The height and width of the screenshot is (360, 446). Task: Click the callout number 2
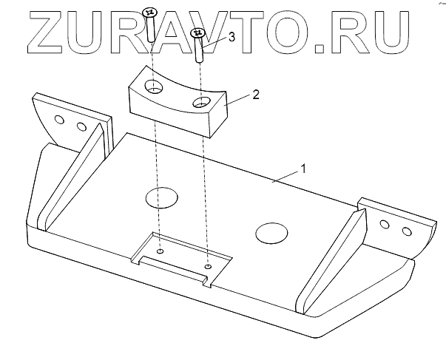(255, 95)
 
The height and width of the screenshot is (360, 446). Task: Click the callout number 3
(232, 38)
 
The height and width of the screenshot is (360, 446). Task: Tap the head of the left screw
(149, 13)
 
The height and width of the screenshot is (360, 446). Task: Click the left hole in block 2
(155, 89)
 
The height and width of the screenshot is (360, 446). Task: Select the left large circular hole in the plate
(161, 197)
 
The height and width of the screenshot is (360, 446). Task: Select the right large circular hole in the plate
(271, 233)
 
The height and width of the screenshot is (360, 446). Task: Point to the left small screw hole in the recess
(160, 251)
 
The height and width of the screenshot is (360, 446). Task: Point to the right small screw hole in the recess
(208, 266)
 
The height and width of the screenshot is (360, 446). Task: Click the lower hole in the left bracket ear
(81, 126)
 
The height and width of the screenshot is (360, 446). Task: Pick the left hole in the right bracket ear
(385, 224)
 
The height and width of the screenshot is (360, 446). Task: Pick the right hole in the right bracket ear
(406, 232)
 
